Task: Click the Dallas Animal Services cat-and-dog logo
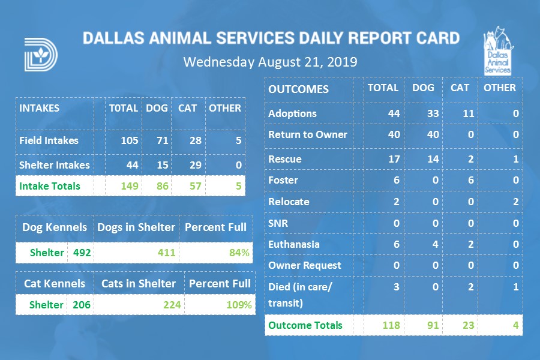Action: [x=497, y=51]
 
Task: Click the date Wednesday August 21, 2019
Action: [x=270, y=62]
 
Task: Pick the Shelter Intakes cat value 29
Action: [x=188, y=165]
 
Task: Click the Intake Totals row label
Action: [x=50, y=186]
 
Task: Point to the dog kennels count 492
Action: [x=82, y=253]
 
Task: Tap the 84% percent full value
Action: [x=239, y=253]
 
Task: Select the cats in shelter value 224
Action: [x=172, y=305]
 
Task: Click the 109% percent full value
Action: [x=239, y=305]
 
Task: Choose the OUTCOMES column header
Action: [x=298, y=89]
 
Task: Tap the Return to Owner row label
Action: [x=308, y=134]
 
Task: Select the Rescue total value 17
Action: [x=394, y=159]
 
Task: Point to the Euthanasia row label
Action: [x=294, y=244]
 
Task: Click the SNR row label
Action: [x=278, y=223]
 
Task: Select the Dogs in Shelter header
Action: [x=137, y=227]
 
